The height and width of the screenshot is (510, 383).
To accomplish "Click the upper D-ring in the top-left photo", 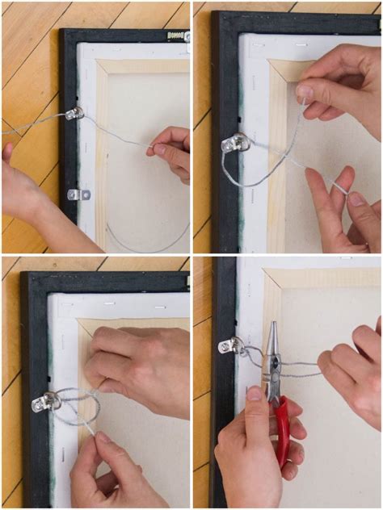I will coord(74,114).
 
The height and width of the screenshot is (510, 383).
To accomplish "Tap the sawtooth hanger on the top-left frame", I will coord(176,36).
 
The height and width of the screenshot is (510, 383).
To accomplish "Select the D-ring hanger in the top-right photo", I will coord(235,144).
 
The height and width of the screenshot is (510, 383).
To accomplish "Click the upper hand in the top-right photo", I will coord(339,81).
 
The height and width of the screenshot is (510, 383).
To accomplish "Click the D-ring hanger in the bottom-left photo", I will coord(46,401).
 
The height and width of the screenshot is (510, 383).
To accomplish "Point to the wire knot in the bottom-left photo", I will coord(81,401).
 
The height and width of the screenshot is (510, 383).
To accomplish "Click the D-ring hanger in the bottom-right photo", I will coord(229,346).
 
